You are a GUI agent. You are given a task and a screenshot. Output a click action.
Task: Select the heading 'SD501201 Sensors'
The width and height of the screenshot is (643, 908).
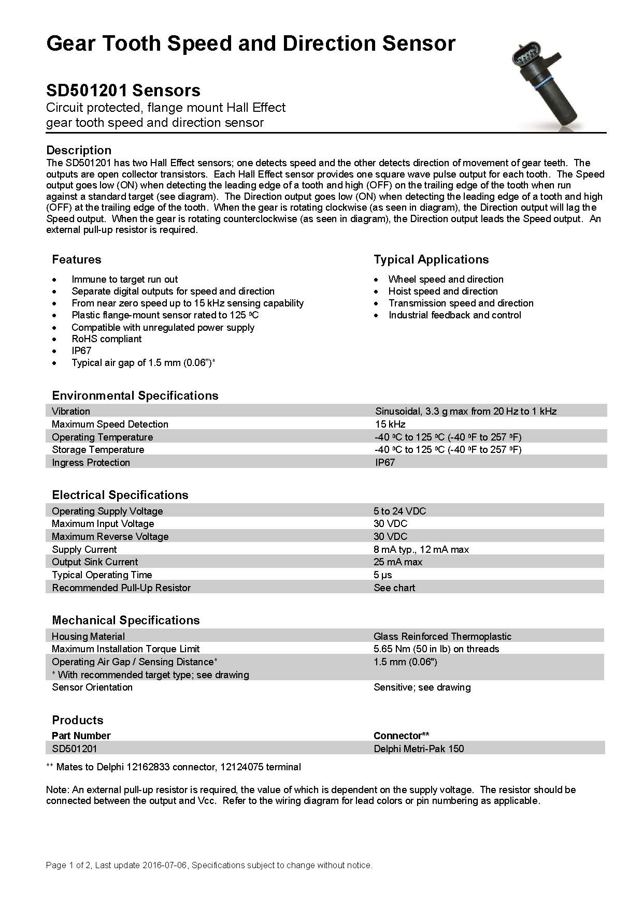click(123, 91)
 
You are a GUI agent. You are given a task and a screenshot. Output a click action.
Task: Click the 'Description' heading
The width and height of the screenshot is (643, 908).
click(79, 150)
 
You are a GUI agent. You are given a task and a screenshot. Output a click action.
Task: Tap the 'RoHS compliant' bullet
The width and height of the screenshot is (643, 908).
click(106, 339)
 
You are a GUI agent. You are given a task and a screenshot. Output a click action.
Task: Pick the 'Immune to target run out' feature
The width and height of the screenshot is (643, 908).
click(124, 280)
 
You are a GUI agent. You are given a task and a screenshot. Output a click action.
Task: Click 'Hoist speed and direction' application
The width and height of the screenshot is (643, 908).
click(443, 291)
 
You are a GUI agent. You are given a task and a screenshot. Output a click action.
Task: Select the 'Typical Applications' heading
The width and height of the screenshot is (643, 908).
click(431, 260)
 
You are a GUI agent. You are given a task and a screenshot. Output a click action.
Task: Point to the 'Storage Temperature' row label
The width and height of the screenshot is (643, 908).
click(98, 450)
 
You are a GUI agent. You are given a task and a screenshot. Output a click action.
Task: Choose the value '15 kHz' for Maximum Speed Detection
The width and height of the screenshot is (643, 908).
click(390, 424)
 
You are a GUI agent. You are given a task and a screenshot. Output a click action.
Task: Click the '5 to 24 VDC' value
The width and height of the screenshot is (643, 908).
click(399, 511)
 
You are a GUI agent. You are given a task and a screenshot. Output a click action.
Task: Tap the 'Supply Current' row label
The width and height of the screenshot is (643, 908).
click(84, 550)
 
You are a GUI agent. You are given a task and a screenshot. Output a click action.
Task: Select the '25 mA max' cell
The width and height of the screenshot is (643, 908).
click(398, 562)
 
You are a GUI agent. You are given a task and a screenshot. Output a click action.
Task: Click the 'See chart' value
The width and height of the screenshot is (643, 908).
click(394, 588)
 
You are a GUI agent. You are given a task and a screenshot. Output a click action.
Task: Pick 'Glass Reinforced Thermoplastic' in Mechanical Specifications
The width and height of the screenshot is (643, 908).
click(442, 637)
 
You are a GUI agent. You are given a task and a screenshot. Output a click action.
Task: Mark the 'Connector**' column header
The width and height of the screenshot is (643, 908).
click(401, 736)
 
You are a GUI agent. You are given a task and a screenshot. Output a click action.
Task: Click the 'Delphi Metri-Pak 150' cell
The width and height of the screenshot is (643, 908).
click(419, 749)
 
